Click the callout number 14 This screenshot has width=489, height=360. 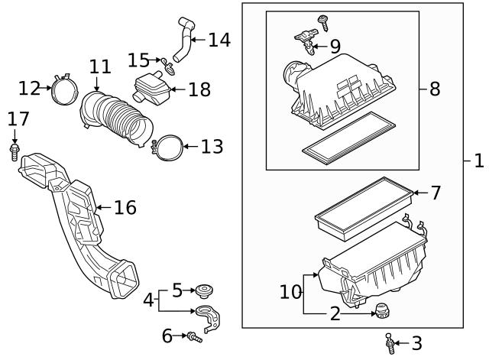[219, 40]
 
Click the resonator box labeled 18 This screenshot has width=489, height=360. [151, 90]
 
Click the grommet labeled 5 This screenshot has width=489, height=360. [204, 290]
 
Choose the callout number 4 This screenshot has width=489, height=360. [149, 301]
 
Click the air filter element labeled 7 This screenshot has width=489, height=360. [363, 205]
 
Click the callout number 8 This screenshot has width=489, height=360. [434, 89]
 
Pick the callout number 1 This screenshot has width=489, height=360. [479, 162]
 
